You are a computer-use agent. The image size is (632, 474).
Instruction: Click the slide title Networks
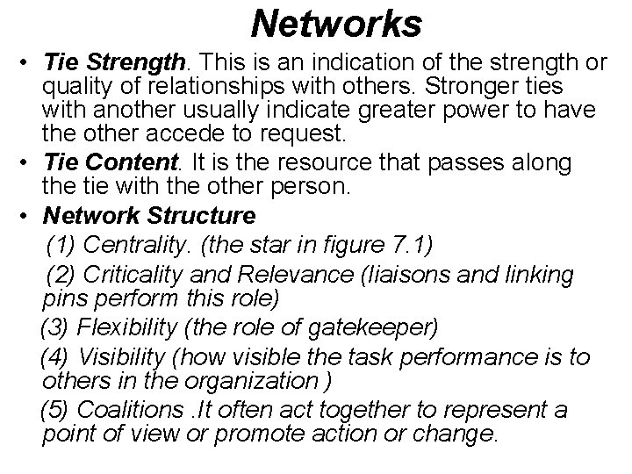pyautogui.click(x=336, y=24)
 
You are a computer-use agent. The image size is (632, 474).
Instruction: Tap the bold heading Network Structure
pyautogui.click(x=149, y=214)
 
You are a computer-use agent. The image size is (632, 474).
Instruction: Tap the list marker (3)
pyautogui.click(x=55, y=327)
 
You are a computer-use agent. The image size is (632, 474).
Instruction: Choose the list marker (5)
pyautogui.click(x=55, y=410)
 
